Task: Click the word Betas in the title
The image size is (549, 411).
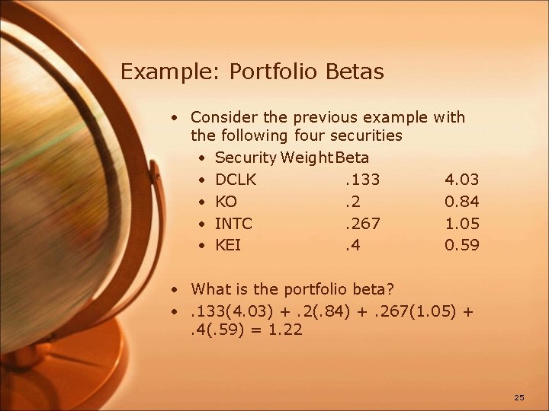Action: point(355,72)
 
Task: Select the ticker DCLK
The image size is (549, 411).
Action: point(236,180)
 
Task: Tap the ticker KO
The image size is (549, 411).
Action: point(226,202)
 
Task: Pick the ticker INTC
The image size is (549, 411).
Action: point(234,224)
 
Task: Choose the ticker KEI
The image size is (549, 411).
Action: point(229,245)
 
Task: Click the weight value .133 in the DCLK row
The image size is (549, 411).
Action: point(362,180)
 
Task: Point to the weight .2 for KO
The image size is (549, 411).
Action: point(352,202)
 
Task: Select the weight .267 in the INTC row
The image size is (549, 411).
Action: point(362,224)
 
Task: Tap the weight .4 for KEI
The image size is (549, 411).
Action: point(352,245)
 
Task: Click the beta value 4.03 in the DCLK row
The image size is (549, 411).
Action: point(461,180)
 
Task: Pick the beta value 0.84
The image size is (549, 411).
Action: point(461,202)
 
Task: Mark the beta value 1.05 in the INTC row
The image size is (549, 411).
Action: point(461,224)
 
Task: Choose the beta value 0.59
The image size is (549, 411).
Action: point(461,245)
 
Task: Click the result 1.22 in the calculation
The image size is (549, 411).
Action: point(285,330)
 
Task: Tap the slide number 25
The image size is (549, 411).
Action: point(519,398)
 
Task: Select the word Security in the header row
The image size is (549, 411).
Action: point(246,158)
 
